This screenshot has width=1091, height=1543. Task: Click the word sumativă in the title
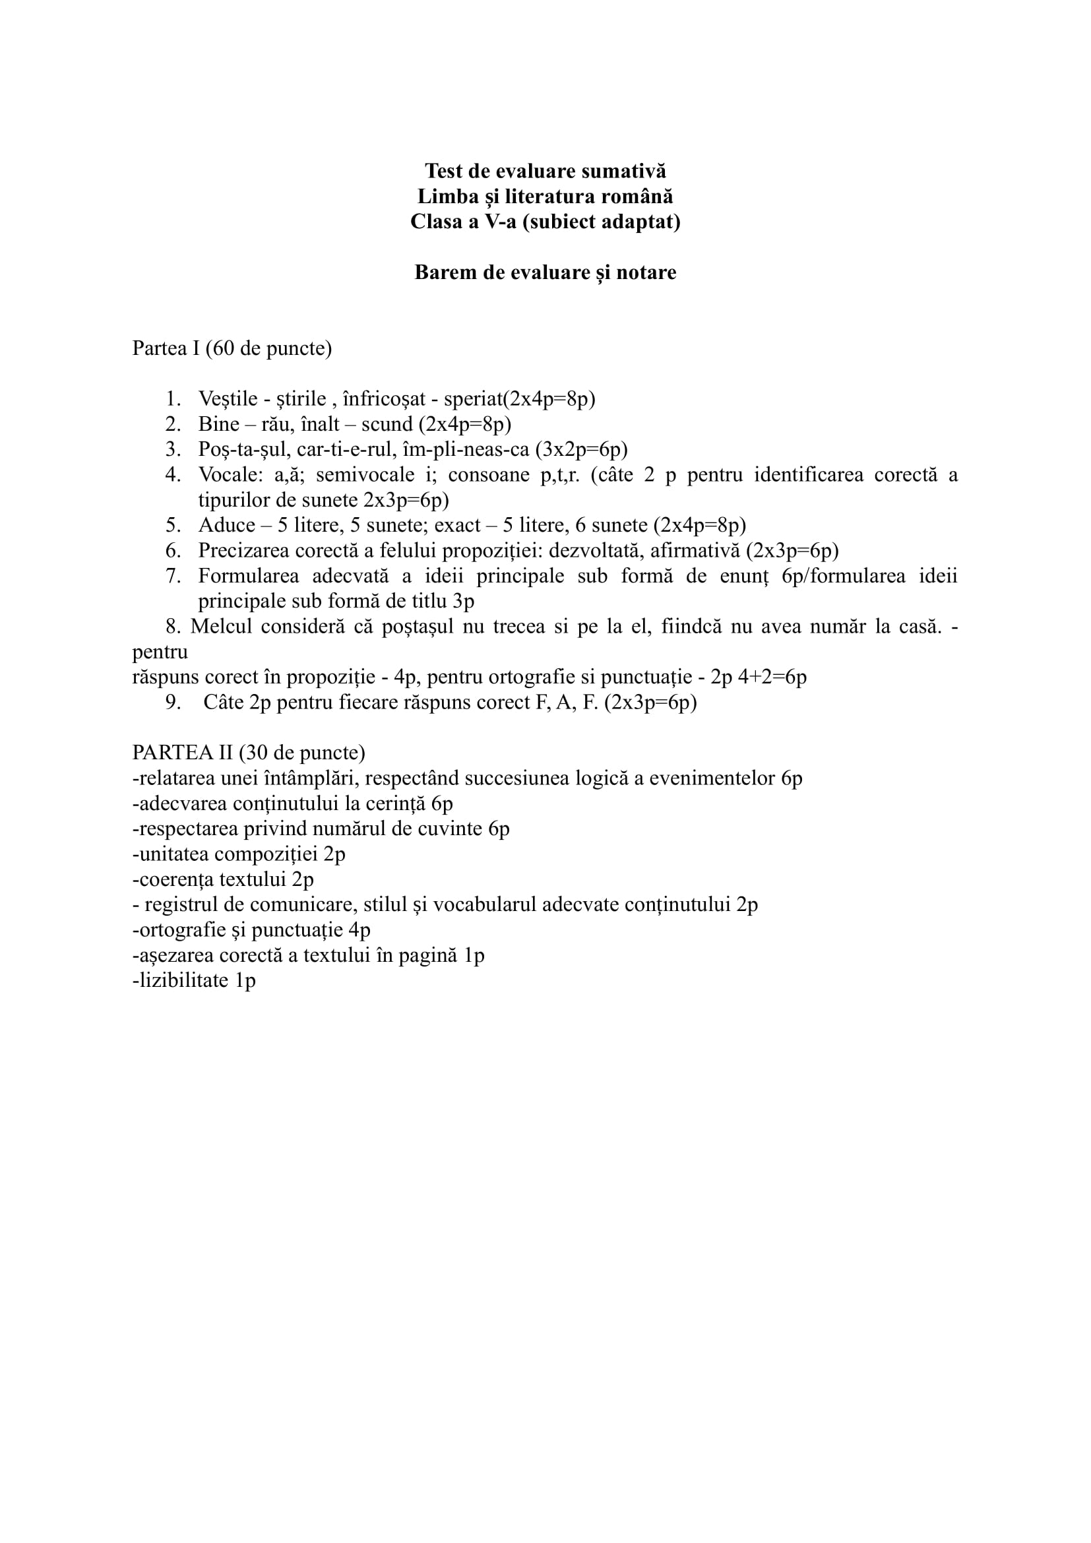coord(623,172)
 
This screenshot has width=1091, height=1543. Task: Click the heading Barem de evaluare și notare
coord(545,272)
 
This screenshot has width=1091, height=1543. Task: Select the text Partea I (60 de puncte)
coord(232,349)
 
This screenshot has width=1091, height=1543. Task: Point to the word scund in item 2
coord(387,425)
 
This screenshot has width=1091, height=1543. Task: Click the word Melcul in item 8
coord(220,626)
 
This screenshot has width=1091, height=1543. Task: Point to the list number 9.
coord(173,703)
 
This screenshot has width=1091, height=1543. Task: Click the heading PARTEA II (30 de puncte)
coord(249,753)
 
